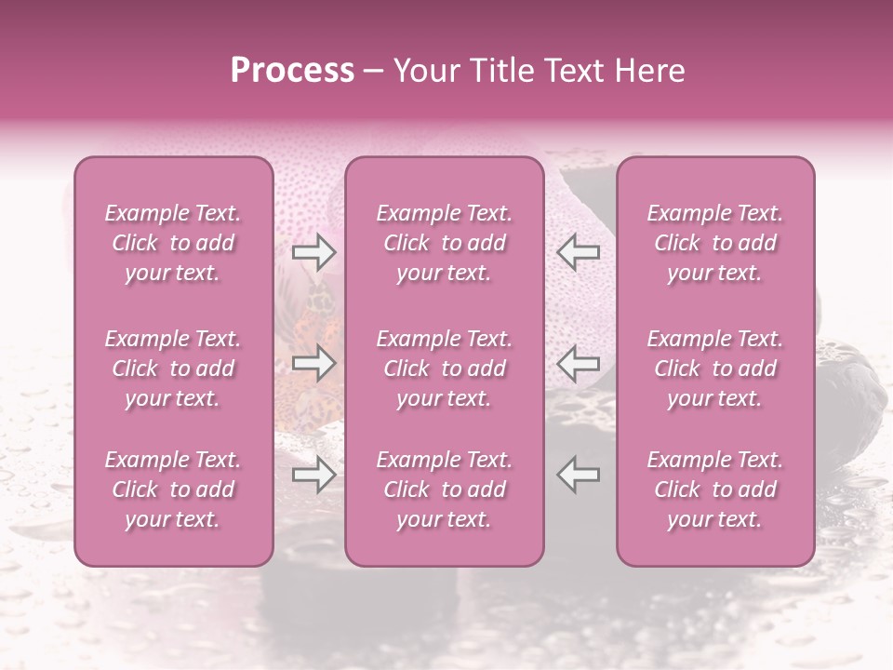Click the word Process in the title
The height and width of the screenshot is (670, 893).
click(292, 71)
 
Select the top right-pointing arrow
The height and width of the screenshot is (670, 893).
click(314, 250)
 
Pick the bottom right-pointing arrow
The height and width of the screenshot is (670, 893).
click(314, 476)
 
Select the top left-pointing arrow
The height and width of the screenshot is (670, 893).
click(578, 250)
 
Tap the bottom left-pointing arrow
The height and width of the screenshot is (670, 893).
click(578, 476)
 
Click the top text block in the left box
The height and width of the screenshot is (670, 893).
click(173, 243)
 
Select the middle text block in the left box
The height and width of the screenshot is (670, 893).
click(173, 368)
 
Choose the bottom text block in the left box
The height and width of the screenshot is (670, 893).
click(173, 489)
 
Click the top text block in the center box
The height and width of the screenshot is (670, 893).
click(445, 243)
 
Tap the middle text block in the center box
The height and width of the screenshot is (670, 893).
click(445, 368)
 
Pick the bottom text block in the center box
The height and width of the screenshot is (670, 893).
click(445, 489)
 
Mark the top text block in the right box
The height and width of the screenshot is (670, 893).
click(715, 243)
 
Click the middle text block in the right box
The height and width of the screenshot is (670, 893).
click(715, 368)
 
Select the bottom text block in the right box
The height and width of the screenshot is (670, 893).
click(715, 489)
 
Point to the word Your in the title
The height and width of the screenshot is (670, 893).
click(425, 71)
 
